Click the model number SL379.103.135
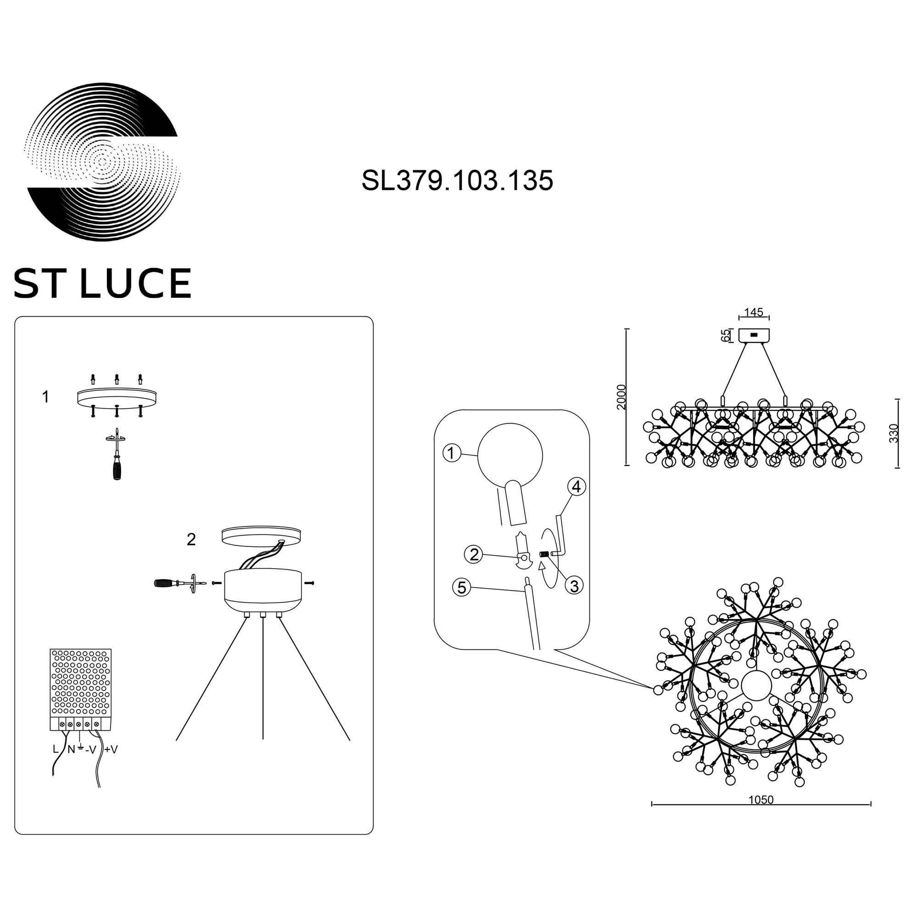[457, 180]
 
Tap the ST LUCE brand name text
[103, 283]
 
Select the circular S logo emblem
[103, 163]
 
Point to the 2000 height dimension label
[621, 397]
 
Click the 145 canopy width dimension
[754, 312]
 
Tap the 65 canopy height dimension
[725, 336]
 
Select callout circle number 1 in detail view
[451, 453]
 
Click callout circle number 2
[473, 554]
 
